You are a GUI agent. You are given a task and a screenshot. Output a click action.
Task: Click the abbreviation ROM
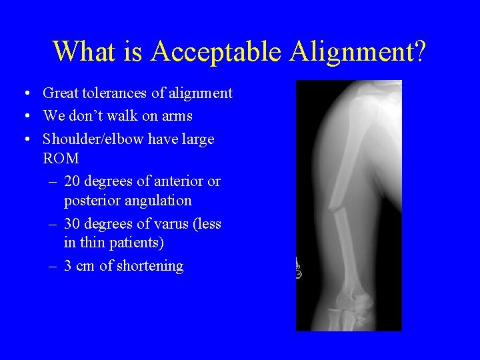pyautogui.click(x=61, y=159)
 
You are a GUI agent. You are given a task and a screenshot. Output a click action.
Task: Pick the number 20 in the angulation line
pyautogui.click(x=73, y=181)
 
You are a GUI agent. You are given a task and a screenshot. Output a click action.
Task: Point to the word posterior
pyautogui.click(x=94, y=201)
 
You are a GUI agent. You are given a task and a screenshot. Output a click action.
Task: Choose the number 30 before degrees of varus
pyautogui.click(x=73, y=224)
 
